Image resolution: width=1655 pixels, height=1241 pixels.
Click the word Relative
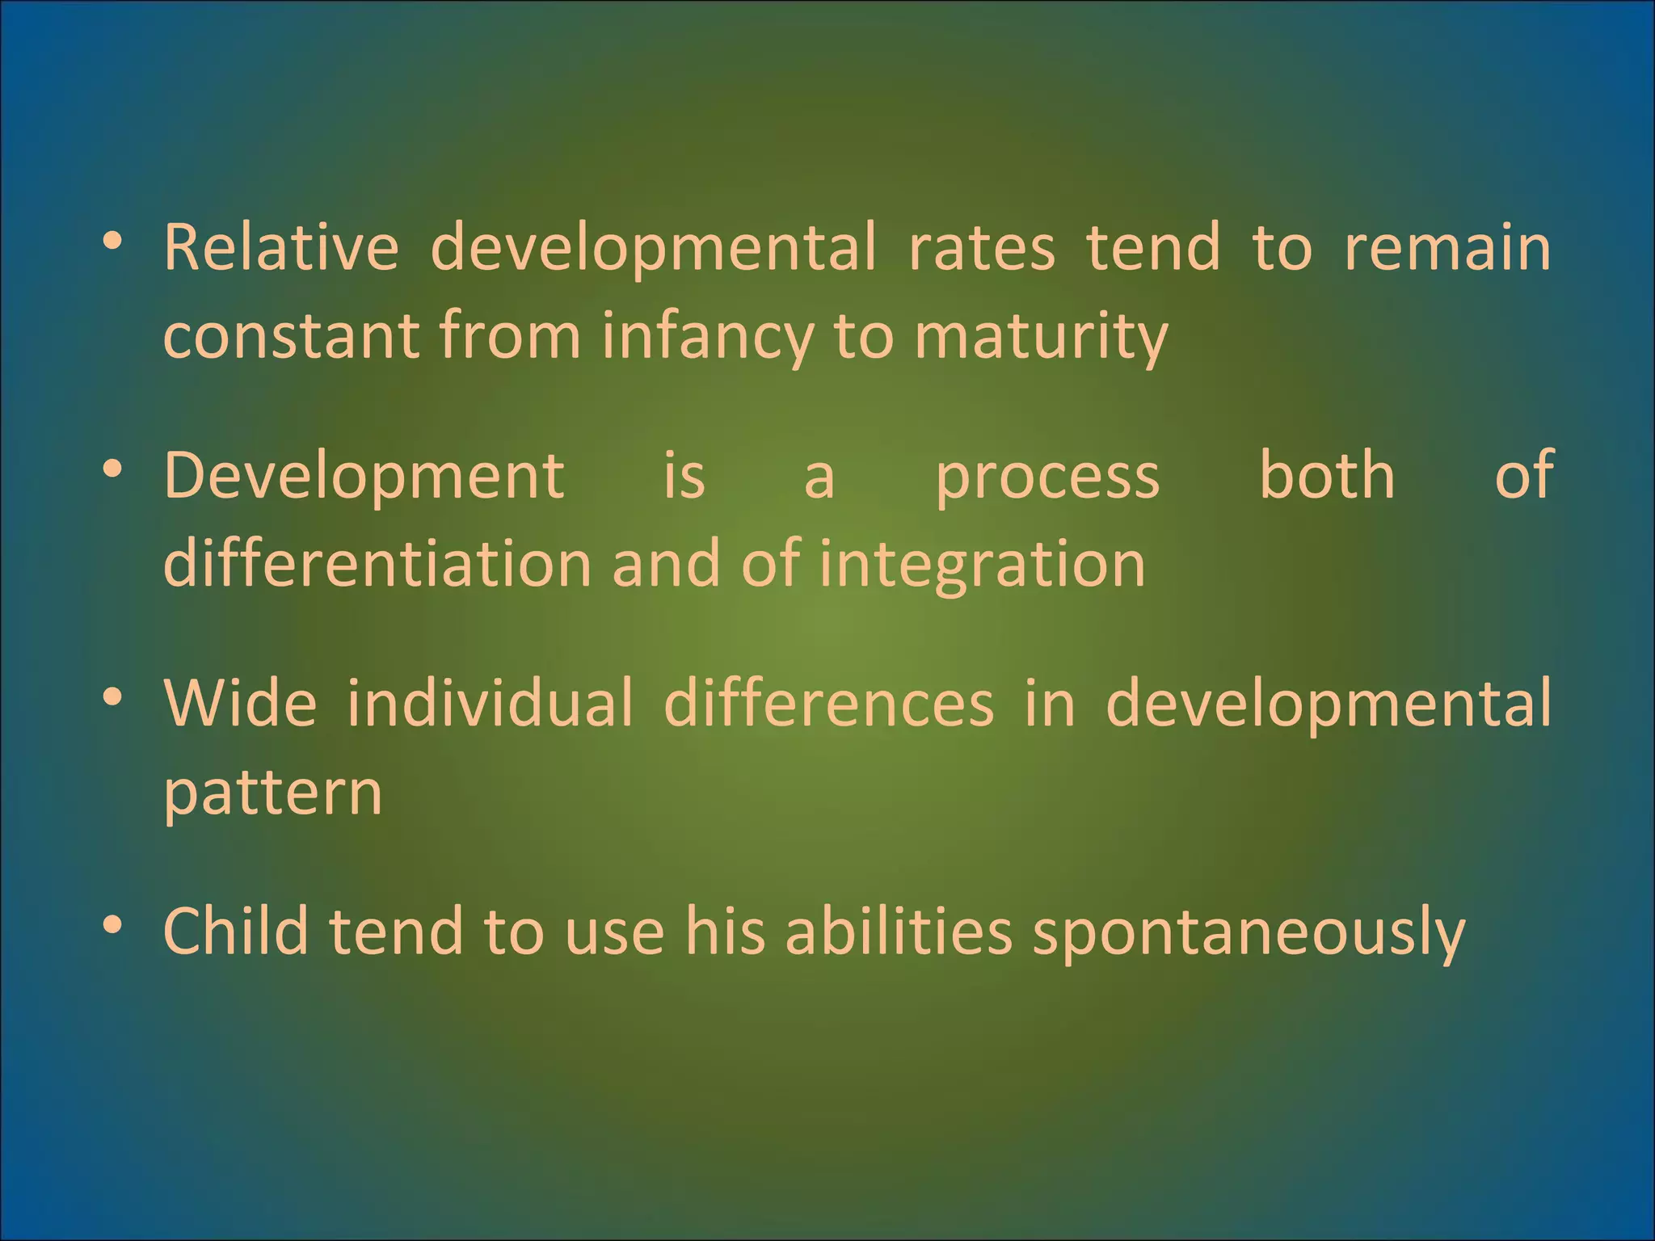click(280, 247)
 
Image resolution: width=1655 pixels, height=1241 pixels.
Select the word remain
click(1447, 247)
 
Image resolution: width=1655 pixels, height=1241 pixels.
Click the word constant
click(290, 336)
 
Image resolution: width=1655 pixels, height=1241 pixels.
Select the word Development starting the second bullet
click(364, 477)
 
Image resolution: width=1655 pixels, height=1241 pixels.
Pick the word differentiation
click(377, 563)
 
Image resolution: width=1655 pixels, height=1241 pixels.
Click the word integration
click(983, 565)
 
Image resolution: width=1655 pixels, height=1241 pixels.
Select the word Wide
click(240, 703)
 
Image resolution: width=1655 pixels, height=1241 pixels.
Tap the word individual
click(490, 703)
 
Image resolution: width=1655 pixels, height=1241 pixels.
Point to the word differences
click(828, 703)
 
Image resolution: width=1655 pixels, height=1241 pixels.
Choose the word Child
click(235, 931)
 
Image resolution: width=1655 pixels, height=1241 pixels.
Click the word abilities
click(898, 931)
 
